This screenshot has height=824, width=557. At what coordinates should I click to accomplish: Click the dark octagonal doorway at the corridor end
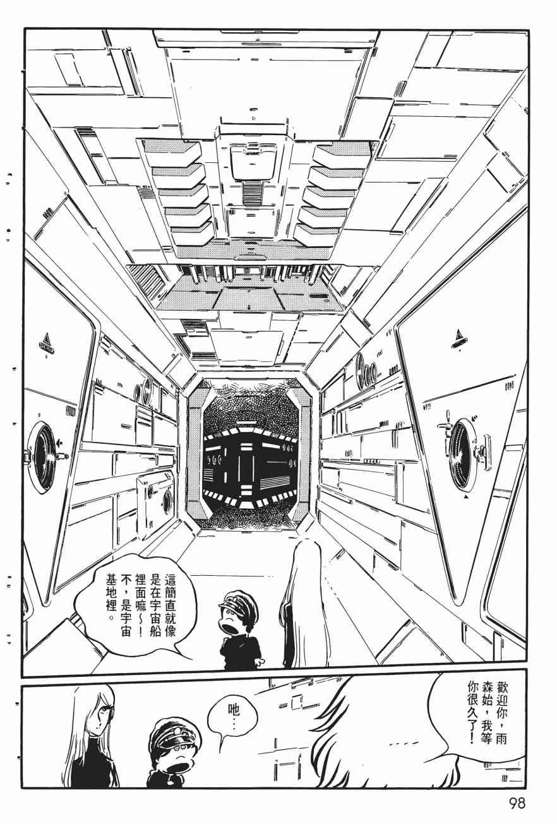[x=251, y=452]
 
